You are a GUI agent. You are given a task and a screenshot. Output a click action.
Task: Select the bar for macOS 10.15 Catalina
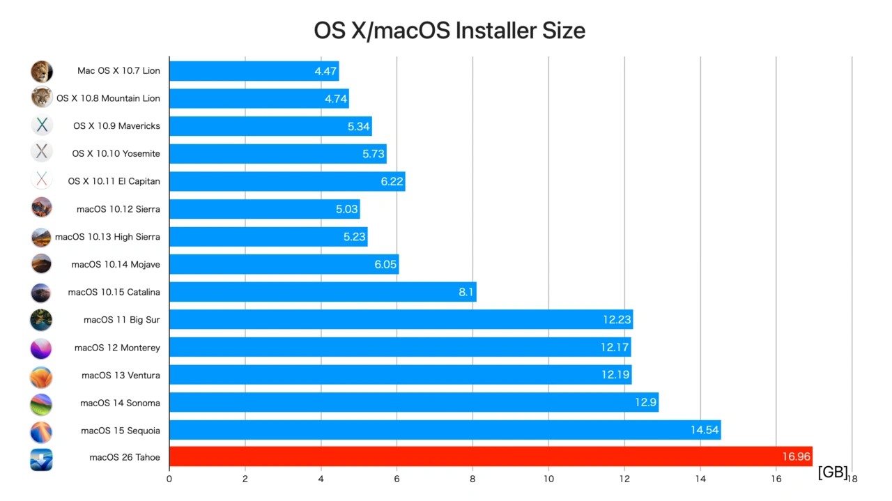(x=322, y=292)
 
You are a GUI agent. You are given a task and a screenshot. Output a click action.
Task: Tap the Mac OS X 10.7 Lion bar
(x=254, y=71)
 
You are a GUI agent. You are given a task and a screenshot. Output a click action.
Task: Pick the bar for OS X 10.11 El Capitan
(x=286, y=181)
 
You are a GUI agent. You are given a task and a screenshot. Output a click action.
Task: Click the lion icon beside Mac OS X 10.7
(x=42, y=71)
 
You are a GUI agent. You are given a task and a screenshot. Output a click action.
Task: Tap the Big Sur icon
(x=41, y=320)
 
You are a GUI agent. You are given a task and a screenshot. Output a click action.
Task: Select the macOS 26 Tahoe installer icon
(x=41, y=458)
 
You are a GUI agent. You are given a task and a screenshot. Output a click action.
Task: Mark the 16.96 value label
(x=796, y=457)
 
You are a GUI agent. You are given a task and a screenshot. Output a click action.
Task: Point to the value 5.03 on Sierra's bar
(x=346, y=209)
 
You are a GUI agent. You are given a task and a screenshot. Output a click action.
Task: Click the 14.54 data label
(x=704, y=431)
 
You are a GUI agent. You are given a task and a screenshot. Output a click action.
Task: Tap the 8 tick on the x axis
(x=472, y=479)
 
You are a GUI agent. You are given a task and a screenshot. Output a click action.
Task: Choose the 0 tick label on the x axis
(x=169, y=479)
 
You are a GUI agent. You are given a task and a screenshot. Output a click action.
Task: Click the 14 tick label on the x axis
(x=700, y=479)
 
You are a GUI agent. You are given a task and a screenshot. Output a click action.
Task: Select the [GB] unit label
(x=833, y=472)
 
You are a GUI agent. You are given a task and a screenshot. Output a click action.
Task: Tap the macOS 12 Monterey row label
(x=117, y=348)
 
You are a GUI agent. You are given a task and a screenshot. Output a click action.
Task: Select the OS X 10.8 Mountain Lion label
(x=108, y=98)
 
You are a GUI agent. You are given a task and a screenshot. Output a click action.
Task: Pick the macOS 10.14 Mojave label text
(x=116, y=265)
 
